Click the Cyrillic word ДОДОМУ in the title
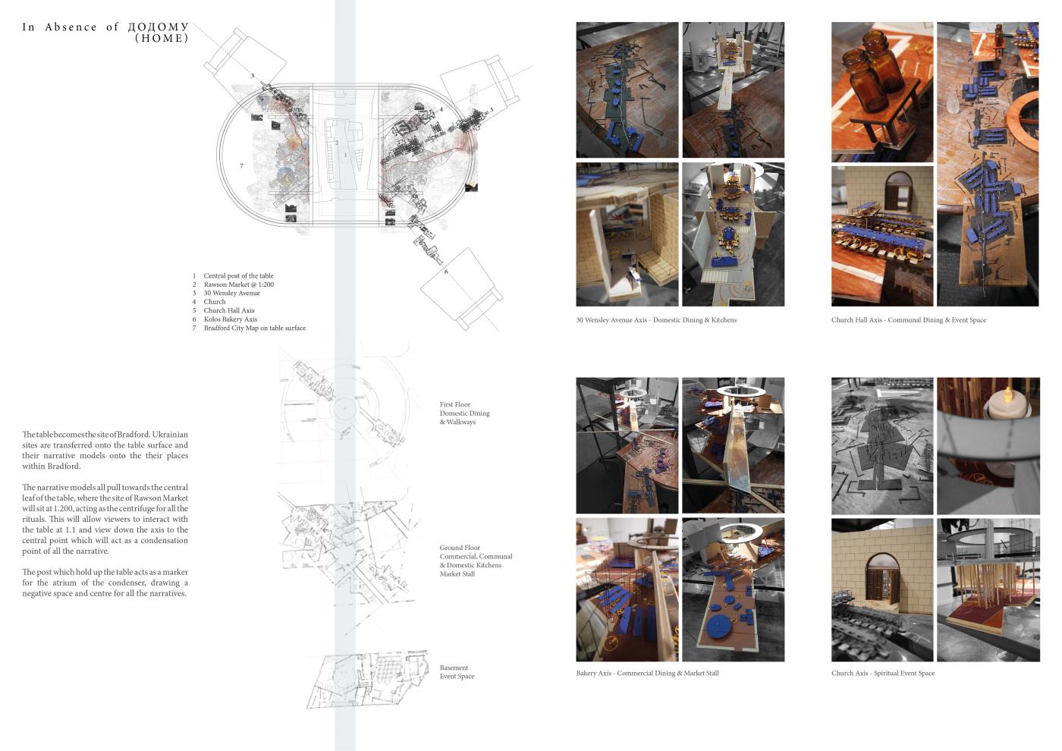point(159,27)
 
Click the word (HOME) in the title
point(162,39)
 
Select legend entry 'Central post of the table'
point(238,276)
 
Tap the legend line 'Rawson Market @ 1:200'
point(239,284)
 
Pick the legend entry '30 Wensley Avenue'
point(232,293)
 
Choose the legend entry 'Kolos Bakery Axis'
point(231,319)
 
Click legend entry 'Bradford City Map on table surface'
point(255,328)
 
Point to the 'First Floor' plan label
point(455,404)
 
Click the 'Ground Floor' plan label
point(460,548)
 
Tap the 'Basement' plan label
point(454,668)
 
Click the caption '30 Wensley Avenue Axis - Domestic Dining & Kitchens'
point(656,320)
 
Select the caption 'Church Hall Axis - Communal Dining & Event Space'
point(909,320)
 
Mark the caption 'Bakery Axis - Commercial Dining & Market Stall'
point(647,674)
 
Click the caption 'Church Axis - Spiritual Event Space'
point(883,674)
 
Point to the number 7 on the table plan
point(242,165)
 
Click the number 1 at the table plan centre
point(346,155)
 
